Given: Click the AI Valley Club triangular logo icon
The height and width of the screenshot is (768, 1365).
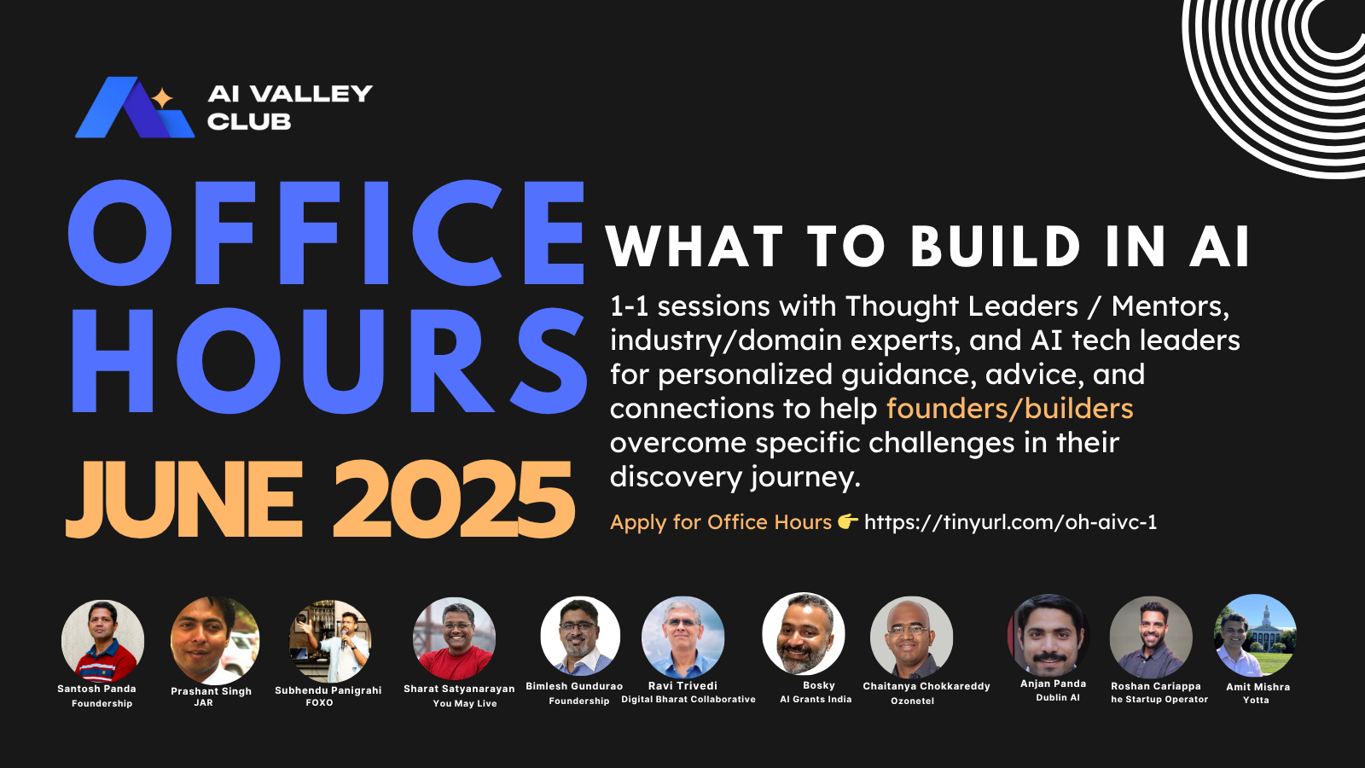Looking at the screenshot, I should pos(134,108).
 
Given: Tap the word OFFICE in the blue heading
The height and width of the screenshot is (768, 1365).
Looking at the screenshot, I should pos(327,232).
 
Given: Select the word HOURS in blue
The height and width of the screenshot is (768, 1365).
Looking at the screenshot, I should pos(328,362).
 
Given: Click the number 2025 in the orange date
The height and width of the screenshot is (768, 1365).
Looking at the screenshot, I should pos(453,500).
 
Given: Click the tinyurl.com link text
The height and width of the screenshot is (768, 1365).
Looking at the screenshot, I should pos(1010,522).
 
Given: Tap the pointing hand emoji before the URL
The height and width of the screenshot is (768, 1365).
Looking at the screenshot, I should pos(847,521).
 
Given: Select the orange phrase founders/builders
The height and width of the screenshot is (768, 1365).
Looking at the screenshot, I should pos(1009,409).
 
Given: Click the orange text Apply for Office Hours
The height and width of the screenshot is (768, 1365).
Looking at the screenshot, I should pos(721,522).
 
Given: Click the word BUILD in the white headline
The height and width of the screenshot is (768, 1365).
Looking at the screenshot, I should pos(996,247).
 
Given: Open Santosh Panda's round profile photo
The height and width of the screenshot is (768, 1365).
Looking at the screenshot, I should pos(102,640).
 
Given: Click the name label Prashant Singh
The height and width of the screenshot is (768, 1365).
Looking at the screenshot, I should pos(211,691).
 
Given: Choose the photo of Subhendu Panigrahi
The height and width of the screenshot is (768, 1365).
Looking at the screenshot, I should pos(329,640).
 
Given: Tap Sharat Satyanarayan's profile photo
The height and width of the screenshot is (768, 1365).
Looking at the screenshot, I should pos(454,638).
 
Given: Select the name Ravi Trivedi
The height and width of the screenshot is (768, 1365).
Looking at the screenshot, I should pos(682,686).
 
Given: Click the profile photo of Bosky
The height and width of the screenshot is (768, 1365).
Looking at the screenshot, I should pos(804,634).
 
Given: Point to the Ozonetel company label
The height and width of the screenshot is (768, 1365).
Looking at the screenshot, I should pos(912,701).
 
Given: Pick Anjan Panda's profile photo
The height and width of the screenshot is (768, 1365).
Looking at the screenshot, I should pos(1048,636).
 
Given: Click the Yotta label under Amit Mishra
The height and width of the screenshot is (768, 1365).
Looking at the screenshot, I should pos(1256,701).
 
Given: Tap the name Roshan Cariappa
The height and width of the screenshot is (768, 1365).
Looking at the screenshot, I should pos(1155,686).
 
